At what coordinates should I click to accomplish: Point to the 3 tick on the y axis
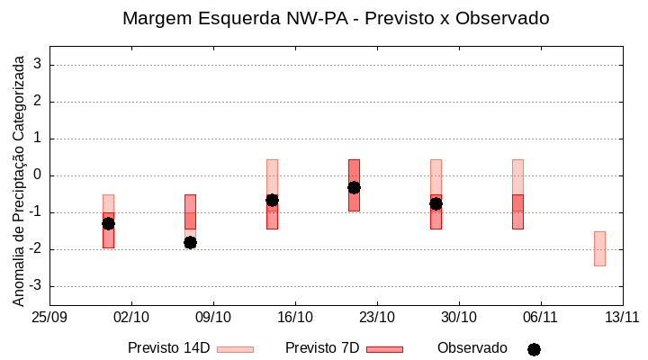point(39,65)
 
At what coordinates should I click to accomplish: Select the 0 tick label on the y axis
point(39,175)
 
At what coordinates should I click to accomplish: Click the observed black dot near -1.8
point(190,242)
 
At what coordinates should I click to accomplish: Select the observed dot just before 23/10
point(354,187)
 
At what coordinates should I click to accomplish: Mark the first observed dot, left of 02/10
point(108,223)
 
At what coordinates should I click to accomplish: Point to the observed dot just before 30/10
point(436,203)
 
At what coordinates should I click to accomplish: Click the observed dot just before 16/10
point(272,200)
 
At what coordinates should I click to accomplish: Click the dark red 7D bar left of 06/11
point(517,212)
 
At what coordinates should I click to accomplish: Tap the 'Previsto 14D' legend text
point(168,348)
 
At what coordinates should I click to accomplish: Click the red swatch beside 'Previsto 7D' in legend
point(384,349)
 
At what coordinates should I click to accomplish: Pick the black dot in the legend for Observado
point(534,349)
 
